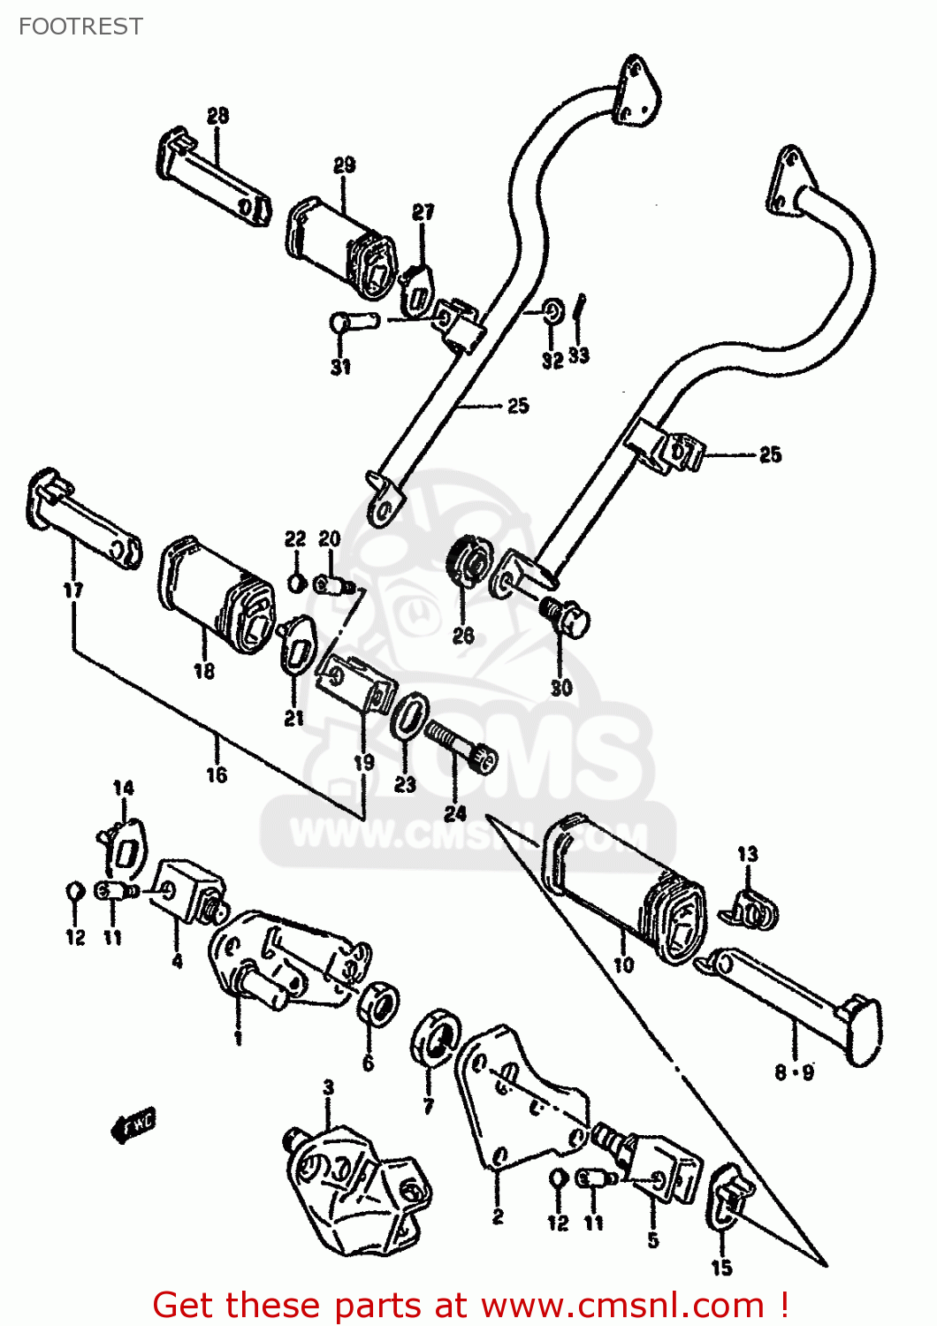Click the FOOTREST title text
coord(80,27)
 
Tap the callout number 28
coord(217,116)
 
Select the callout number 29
coord(344,165)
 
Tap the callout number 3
coord(328,1086)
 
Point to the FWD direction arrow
coord(133,1124)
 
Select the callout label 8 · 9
coord(794,1073)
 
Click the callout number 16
coord(217,775)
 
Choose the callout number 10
coord(623,964)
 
